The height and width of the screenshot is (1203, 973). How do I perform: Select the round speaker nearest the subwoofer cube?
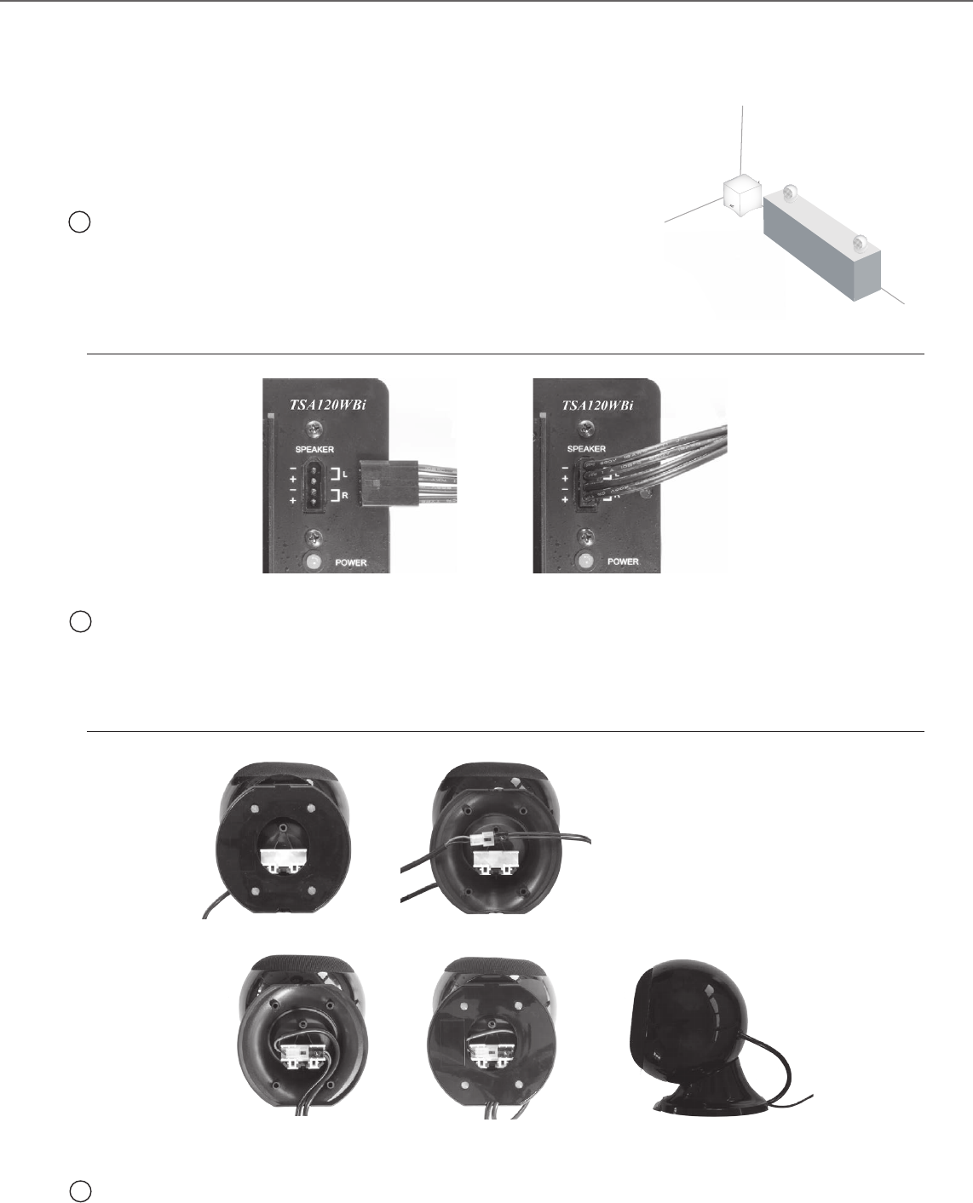(x=790, y=193)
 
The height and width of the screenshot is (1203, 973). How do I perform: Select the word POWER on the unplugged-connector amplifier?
(x=351, y=562)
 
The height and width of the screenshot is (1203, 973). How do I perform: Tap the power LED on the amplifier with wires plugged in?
(x=585, y=561)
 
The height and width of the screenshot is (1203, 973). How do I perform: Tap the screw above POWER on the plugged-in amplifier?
(x=586, y=536)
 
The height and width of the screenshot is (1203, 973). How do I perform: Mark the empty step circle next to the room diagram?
(x=79, y=222)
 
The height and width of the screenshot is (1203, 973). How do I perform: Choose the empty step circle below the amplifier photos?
(x=79, y=622)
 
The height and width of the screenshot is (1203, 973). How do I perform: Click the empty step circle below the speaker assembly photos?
(x=79, y=1190)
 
